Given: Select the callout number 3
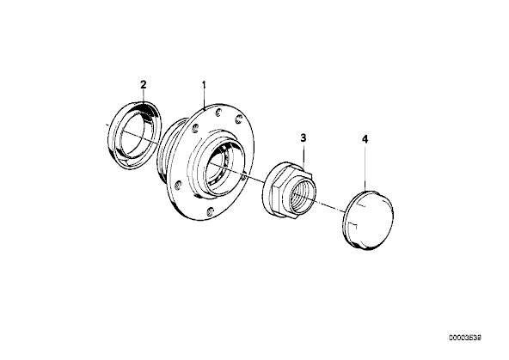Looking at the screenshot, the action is coord(304,138).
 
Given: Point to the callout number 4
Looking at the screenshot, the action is coord(365,139).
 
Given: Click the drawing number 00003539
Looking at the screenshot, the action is coord(465,338).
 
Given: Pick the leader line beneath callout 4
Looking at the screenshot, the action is coord(365,168).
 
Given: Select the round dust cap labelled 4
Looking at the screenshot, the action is coord(368,220).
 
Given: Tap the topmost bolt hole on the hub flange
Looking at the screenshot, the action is coord(218,113).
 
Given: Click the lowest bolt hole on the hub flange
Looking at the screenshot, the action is coord(211,211).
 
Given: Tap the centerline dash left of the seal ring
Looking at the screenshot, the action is coord(107,124).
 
